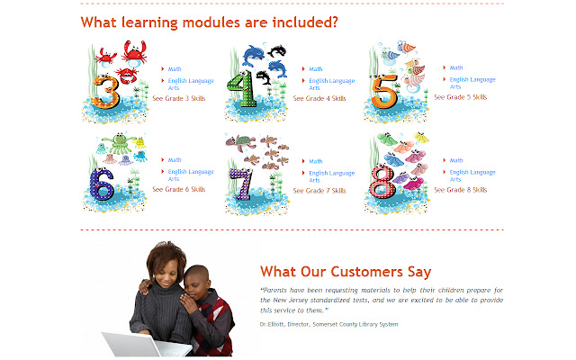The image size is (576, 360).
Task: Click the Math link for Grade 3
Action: pos(175,68)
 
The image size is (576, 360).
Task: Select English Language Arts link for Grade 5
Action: pos(472,83)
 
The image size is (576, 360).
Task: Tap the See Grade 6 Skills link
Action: pos(178,190)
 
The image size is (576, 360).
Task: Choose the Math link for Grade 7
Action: pos(315,161)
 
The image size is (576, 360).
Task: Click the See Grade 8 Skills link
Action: pos(460,190)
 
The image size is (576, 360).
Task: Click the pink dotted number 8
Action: pos(382,185)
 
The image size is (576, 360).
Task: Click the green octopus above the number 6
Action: pos(114,144)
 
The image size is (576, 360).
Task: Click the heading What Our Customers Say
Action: pos(345,271)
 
